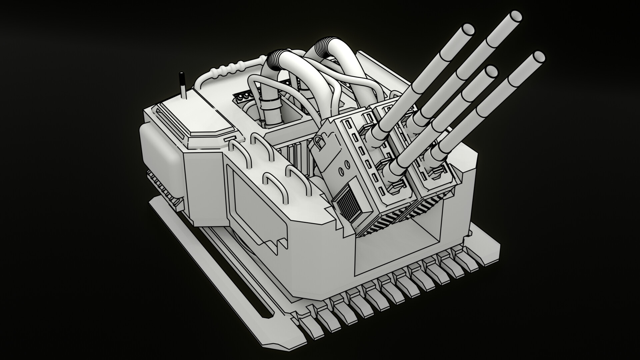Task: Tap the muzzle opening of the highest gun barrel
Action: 515,6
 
